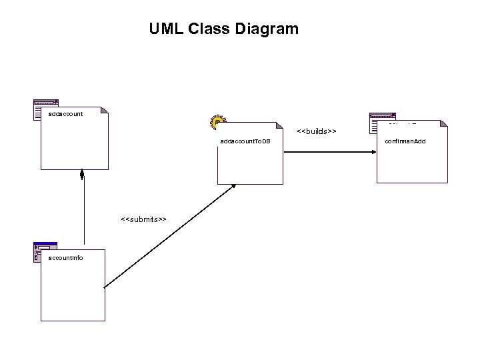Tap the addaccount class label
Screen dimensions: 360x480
point(65,114)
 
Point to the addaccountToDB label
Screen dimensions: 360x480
point(245,142)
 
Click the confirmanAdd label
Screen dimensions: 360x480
point(405,142)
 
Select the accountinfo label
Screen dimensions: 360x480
point(66,257)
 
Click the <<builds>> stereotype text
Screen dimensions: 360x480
point(316,131)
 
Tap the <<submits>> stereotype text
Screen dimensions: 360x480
point(143,219)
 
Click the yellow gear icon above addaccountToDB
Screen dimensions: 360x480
point(217,121)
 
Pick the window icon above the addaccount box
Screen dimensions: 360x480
point(45,109)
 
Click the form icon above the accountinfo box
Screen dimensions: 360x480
point(44,251)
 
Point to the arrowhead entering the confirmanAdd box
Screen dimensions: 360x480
point(373,152)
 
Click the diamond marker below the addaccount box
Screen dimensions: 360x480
point(82,175)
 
